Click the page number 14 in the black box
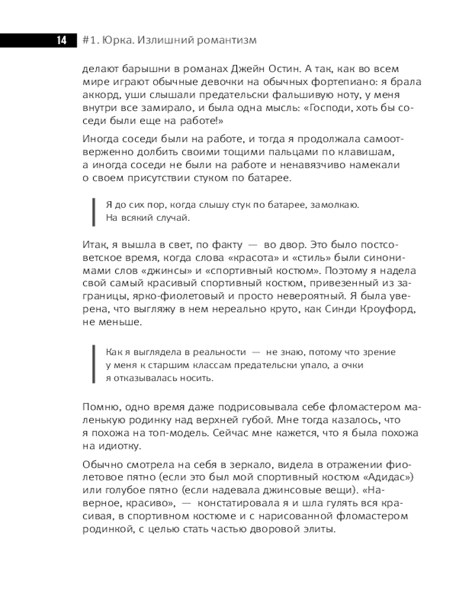click(x=61, y=40)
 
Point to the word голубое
click(x=126, y=490)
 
